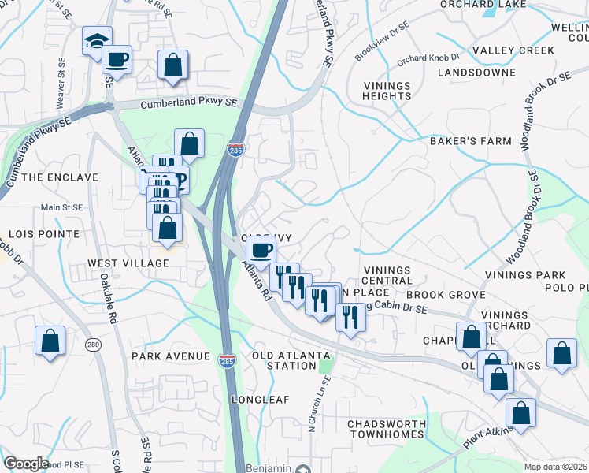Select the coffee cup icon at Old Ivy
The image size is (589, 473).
[x=261, y=251]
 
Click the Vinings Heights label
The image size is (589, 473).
[x=387, y=91]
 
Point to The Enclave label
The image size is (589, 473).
[x=60, y=177]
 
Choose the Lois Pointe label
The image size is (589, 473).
[x=43, y=234]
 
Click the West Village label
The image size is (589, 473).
[x=128, y=263]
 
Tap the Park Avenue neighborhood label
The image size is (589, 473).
[x=172, y=356]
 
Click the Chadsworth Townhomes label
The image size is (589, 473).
[x=387, y=429]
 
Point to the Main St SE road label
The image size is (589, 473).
[x=61, y=207]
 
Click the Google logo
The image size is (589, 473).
[x=26, y=464]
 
